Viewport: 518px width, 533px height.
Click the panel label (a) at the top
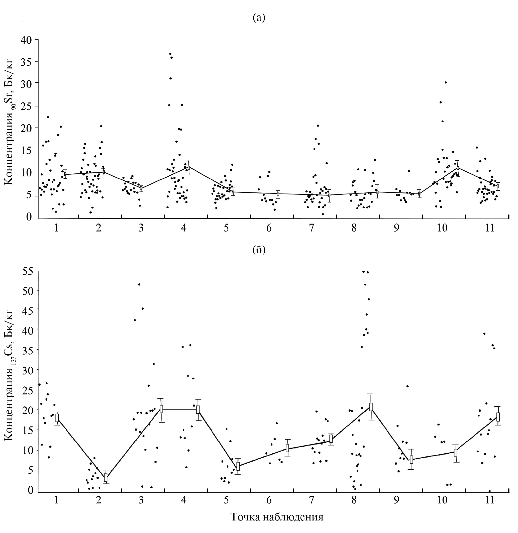[259, 18]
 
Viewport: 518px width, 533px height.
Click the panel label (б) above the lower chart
[259, 250]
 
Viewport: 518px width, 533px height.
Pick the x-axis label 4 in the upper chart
[184, 228]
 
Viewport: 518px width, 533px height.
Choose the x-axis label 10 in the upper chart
[442, 228]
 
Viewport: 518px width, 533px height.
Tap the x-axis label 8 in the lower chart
[354, 500]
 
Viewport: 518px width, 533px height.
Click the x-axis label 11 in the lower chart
[490, 500]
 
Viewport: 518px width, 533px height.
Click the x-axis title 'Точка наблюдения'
[277, 517]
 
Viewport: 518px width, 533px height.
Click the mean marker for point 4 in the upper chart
[189, 168]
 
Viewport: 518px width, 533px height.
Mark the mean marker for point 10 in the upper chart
[458, 168]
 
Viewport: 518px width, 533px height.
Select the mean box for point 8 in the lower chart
[371, 407]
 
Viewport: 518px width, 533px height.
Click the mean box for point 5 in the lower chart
[238, 466]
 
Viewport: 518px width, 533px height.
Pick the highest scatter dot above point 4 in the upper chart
[170, 54]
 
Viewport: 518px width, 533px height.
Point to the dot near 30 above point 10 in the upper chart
[446, 82]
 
